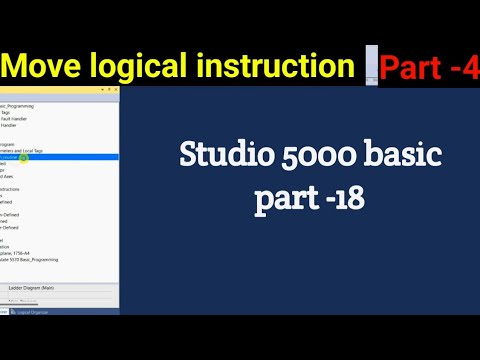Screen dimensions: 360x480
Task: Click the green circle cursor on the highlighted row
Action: [23, 158]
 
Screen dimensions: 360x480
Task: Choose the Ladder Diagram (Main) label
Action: [48, 288]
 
